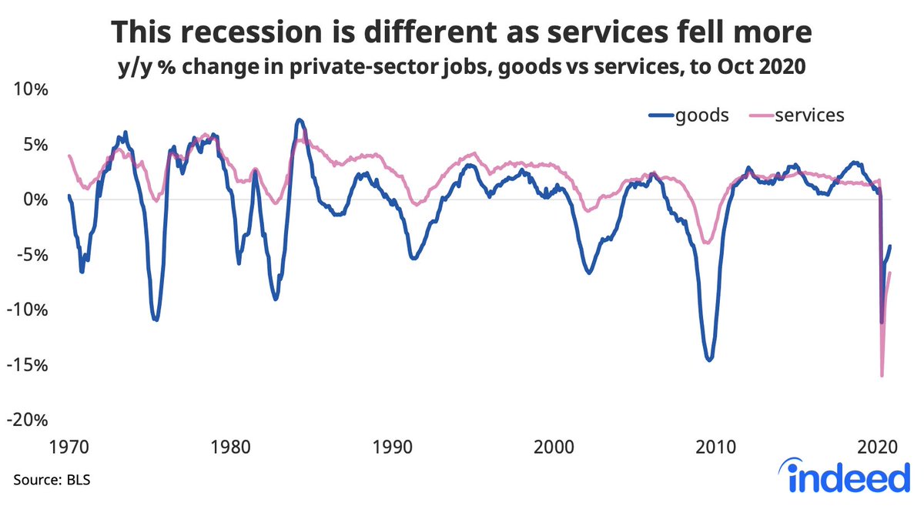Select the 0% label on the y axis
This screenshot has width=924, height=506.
(35, 199)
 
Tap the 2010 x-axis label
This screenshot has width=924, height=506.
(715, 447)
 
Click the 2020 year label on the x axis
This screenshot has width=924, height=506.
(877, 447)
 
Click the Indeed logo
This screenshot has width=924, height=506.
(845, 478)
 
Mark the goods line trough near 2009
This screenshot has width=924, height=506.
(708, 359)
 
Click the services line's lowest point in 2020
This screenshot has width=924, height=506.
(882, 375)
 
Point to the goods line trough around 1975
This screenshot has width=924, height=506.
(156, 319)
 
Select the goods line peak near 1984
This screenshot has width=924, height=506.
(300, 120)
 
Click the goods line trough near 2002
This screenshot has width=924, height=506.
(589, 273)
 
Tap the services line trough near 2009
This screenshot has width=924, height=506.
(706, 243)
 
